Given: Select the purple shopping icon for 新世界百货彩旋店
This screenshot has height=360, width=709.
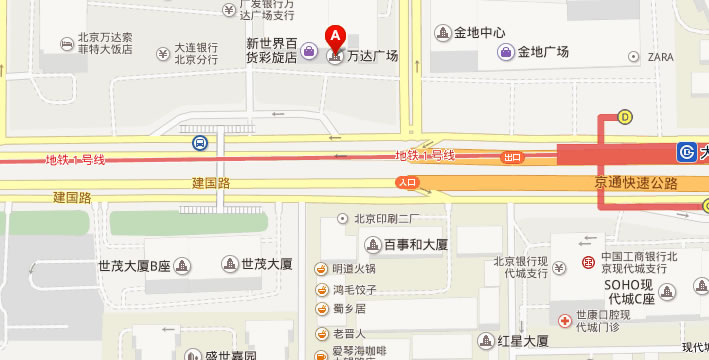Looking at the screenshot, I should click(310, 51).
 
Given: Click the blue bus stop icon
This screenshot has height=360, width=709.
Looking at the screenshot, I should click(200, 143).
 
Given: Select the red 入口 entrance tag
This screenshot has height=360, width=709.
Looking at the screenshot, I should click(406, 182).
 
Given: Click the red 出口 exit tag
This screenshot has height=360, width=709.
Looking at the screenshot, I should click(513, 158).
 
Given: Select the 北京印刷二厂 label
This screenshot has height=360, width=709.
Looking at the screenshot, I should click(384, 218).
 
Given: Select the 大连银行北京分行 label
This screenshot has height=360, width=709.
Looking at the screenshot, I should click(197, 53).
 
